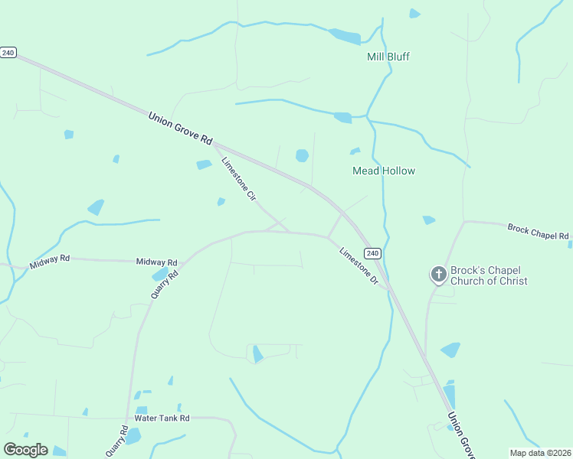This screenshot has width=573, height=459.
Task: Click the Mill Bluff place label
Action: tap(388, 57)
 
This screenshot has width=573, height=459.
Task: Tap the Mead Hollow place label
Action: tap(383, 171)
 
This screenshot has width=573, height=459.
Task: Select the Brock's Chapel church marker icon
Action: tap(438, 274)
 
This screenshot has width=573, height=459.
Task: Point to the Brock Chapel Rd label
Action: tap(539, 231)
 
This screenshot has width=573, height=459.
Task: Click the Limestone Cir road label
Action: tap(238, 179)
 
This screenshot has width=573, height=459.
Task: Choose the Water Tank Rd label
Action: tap(162, 418)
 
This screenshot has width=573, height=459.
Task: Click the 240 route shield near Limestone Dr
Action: tap(372, 253)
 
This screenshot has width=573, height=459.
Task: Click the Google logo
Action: tap(25, 450)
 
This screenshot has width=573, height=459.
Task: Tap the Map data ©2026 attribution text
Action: tap(539, 452)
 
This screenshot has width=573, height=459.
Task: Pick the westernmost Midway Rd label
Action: tap(50, 262)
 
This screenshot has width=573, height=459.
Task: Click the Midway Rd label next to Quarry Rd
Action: tap(156, 262)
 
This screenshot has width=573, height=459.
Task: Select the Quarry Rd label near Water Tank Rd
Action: tap(116, 441)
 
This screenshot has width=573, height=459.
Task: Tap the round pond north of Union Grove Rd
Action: tap(302, 156)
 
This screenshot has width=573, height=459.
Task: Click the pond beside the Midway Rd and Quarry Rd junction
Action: tap(159, 275)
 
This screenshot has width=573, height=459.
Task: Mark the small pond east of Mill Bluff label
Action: tap(414, 13)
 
